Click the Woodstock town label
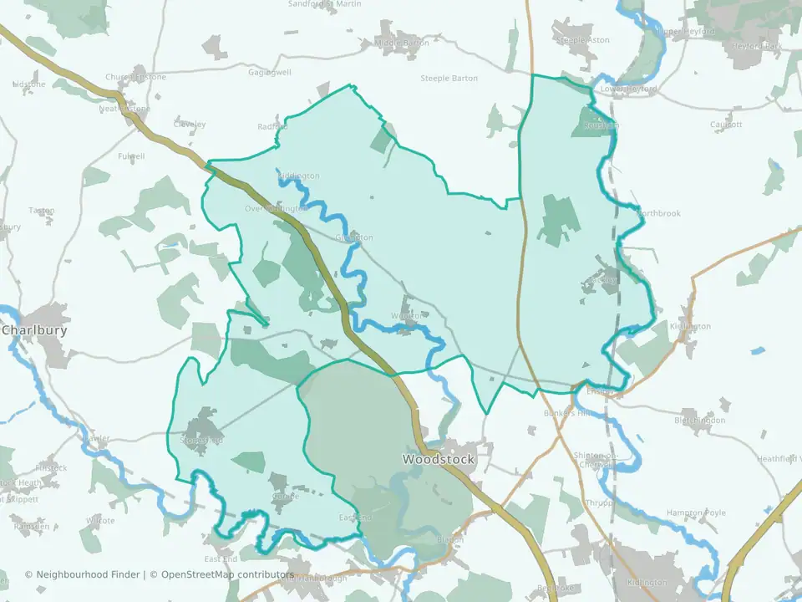[438, 459]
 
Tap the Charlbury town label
[34, 330]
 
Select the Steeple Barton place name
[449, 79]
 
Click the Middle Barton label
[402, 43]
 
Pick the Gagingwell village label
[270, 73]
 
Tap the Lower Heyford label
[629, 89]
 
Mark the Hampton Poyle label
[693, 513]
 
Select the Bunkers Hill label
[567, 413]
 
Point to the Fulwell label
[131, 156]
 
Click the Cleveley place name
[190, 125]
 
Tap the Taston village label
[41, 211]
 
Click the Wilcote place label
[100, 520]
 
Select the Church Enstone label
[135, 77]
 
